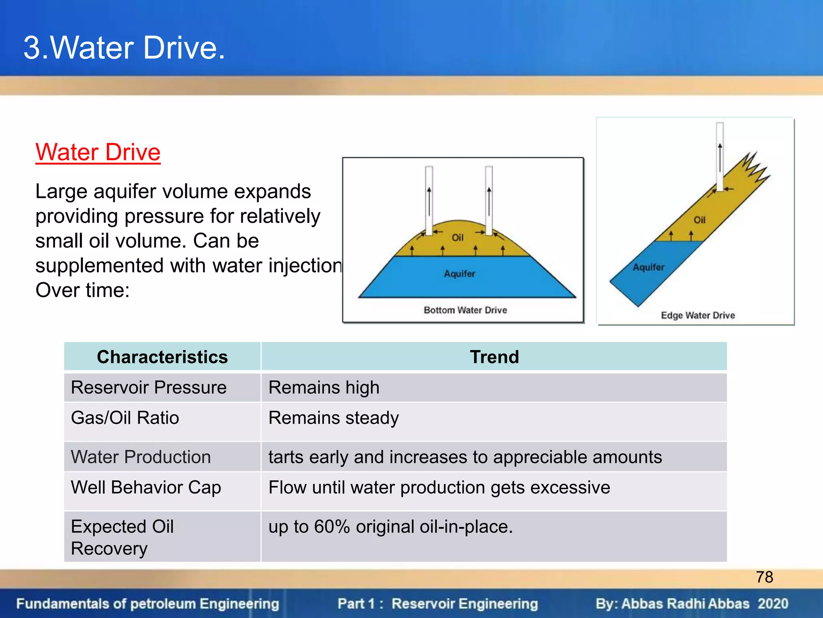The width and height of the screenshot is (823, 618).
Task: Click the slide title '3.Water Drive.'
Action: tap(124, 48)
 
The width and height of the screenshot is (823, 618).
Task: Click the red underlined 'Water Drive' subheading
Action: tap(98, 152)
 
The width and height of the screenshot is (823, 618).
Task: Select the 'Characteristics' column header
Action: tap(162, 357)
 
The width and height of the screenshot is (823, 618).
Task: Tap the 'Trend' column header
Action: tap(494, 357)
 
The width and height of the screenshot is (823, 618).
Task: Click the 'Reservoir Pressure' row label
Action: tap(149, 387)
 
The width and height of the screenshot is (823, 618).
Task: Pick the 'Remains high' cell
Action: tap(324, 387)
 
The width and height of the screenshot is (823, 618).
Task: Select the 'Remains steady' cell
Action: tap(334, 418)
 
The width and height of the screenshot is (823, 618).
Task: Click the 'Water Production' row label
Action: tap(141, 457)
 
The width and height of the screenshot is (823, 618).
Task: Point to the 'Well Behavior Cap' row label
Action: tap(146, 488)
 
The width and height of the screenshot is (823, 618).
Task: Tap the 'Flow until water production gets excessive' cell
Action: tap(439, 488)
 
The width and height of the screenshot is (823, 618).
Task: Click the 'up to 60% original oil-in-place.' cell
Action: tap(391, 527)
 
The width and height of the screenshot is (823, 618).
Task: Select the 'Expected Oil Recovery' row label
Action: tap(122, 537)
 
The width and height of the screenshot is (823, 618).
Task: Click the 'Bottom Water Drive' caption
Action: tap(465, 310)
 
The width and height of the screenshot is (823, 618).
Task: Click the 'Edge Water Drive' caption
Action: tap(698, 315)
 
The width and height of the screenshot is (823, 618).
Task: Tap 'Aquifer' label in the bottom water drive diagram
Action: tap(459, 274)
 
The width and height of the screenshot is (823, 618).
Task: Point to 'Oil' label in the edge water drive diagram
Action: tap(700, 220)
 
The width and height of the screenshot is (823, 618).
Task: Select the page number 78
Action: tap(764, 577)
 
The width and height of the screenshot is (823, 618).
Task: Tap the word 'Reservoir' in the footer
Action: tap(418, 604)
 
